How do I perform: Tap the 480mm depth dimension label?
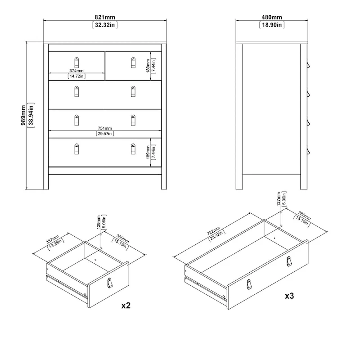point(272,17)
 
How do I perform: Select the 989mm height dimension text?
point(23,116)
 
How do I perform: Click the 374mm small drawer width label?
point(76,71)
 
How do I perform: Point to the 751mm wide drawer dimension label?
point(104,128)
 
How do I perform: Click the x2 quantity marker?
point(126,306)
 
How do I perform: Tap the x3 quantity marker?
point(290,296)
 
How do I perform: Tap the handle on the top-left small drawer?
point(76,61)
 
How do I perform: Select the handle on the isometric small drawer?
point(108,282)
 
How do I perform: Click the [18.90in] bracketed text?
point(272,25)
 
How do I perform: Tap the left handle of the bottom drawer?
point(76,148)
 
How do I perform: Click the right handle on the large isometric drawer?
point(288,261)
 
